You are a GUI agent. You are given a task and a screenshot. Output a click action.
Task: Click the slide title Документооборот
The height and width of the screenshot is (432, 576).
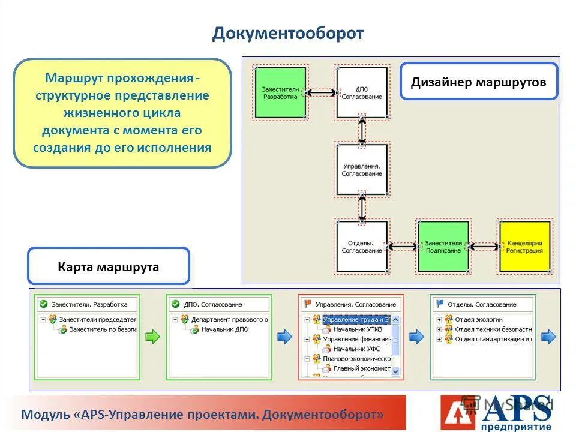pos(287,33)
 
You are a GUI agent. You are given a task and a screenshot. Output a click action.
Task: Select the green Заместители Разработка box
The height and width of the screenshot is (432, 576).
pos(280,92)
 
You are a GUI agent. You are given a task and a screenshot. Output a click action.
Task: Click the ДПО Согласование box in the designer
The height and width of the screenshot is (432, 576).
pos(361,92)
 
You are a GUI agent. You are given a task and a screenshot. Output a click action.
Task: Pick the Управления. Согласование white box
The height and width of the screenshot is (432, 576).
pos(361,169)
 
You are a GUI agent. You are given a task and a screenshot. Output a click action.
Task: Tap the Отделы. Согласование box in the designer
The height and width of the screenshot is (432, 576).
pos(361,246)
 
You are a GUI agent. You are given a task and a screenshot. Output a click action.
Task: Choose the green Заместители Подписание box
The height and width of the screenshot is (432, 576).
pos(443,246)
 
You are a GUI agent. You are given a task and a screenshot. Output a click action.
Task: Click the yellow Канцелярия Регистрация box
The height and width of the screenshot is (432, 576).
pos(524,246)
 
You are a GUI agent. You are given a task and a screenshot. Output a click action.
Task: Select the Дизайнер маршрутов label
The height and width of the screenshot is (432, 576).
pos(478,82)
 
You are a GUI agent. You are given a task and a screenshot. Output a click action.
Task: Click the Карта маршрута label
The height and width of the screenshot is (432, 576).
pos(109,266)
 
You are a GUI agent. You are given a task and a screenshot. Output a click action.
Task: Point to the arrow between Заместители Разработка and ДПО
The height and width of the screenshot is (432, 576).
pos(320,92)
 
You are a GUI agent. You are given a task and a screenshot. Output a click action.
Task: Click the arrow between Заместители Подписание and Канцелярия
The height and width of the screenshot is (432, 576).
pos(484,246)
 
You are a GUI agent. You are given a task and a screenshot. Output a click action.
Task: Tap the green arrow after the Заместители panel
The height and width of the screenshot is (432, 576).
pos(153,337)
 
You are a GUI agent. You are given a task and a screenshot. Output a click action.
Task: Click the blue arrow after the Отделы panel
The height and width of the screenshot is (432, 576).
pos(548,337)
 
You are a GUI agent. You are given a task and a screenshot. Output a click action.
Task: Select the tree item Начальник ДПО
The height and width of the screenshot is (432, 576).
pos(224,329)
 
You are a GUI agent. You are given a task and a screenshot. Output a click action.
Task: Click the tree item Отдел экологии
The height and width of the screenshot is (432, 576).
pos(478,320)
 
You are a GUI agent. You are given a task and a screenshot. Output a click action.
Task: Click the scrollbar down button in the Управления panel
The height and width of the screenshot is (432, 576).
pos(395,372)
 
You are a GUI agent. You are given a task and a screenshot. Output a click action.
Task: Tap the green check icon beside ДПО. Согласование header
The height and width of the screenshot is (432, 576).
pos(175,304)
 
